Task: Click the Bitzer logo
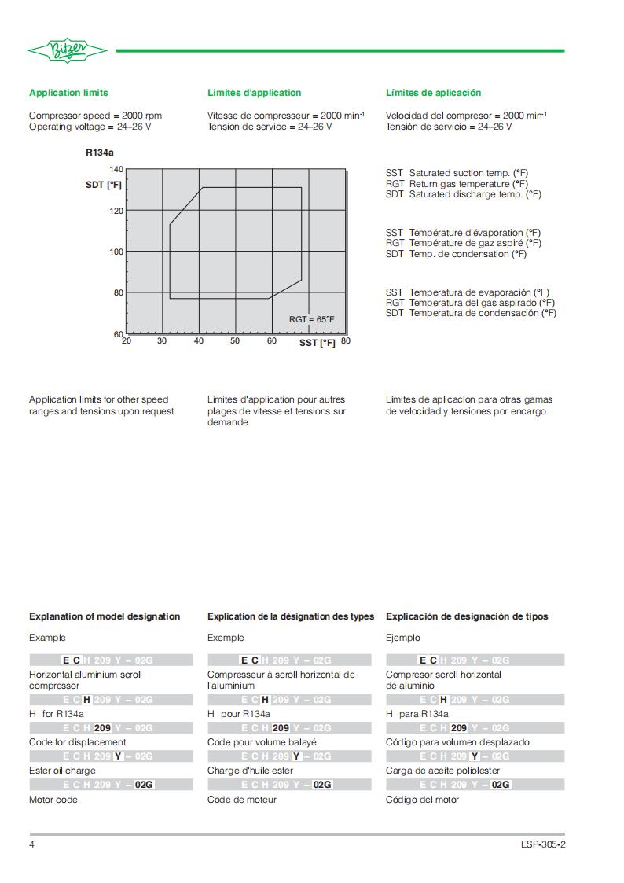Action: [68, 51]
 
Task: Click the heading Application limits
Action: [68, 93]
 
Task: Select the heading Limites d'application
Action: [254, 93]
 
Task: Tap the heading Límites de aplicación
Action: [433, 93]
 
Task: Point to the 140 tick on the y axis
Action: [116, 169]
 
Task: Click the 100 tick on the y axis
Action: [116, 252]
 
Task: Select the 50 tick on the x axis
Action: [235, 341]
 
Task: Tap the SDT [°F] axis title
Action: [104, 185]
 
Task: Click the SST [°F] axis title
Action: [317, 343]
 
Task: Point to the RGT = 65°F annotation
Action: [311, 319]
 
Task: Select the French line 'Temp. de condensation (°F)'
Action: [468, 254]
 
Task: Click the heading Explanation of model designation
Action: [105, 616]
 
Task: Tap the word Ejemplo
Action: [403, 638]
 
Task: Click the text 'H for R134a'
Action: [57, 714]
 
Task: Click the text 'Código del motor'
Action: [422, 800]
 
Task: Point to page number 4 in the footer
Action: [32, 844]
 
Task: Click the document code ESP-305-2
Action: [542, 844]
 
